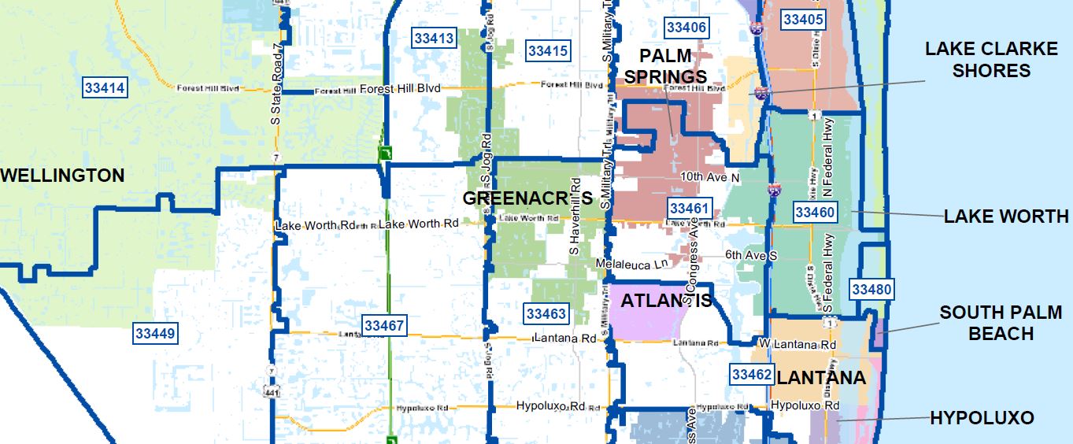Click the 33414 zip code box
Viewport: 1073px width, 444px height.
[x=105, y=87]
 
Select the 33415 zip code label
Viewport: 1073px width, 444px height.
[x=548, y=51]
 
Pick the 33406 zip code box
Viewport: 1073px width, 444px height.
[x=686, y=28]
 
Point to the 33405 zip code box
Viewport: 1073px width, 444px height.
[x=803, y=20]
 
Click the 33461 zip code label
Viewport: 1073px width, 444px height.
[x=690, y=209]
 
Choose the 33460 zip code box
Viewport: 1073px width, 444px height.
[x=815, y=212]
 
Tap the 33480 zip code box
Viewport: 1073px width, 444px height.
[x=871, y=290]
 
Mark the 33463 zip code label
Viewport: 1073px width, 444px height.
[x=546, y=314]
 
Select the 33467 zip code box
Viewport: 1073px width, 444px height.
[x=384, y=324]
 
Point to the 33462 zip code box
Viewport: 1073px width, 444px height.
[x=752, y=375]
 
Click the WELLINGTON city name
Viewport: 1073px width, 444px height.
[x=63, y=176]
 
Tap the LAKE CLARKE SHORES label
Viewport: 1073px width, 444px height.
[x=991, y=60]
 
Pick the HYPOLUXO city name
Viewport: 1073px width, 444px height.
[x=982, y=418]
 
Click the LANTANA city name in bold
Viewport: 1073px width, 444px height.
[x=821, y=378]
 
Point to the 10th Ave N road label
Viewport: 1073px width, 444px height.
[x=711, y=178]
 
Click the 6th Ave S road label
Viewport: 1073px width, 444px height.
[x=751, y=256]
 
